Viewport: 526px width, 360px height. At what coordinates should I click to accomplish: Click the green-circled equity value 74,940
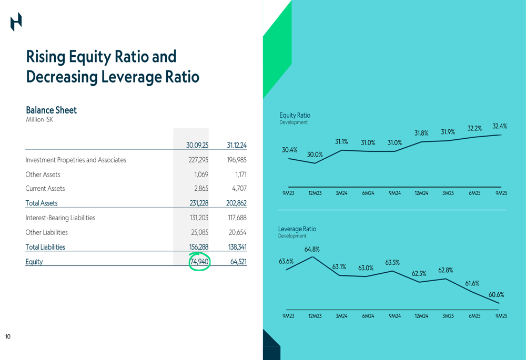pos(199,262)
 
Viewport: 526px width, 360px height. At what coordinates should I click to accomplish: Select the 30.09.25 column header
pos(197,145)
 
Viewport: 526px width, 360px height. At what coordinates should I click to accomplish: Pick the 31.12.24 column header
pos(237,145)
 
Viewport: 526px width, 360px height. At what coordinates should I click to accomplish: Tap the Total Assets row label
pos(42,203)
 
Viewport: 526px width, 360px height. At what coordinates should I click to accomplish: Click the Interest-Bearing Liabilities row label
pos(60,218)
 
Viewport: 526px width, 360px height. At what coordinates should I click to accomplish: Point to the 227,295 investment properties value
pos(199,160)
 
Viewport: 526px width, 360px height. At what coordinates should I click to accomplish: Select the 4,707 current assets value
pos(238,189)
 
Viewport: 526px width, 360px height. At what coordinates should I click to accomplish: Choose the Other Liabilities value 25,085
pos(200,232)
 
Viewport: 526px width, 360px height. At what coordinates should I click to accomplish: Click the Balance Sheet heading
pos(51,110)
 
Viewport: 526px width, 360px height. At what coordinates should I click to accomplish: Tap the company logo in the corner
pos(16,22)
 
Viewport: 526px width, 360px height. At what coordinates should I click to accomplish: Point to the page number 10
pos(8,336)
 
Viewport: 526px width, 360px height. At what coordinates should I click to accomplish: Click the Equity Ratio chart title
pos(295,115)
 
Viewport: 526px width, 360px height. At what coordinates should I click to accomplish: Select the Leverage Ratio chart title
pos(297,229)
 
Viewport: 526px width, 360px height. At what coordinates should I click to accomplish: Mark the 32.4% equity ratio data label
pos(500,126)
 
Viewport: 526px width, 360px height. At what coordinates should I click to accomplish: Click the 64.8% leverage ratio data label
pos(312,250)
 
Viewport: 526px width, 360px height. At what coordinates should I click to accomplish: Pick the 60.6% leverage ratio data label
pos(496,295)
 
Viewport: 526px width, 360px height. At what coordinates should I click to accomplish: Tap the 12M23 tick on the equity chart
pos(315,193)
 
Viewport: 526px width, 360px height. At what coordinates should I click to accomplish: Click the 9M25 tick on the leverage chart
pos(501,316)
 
